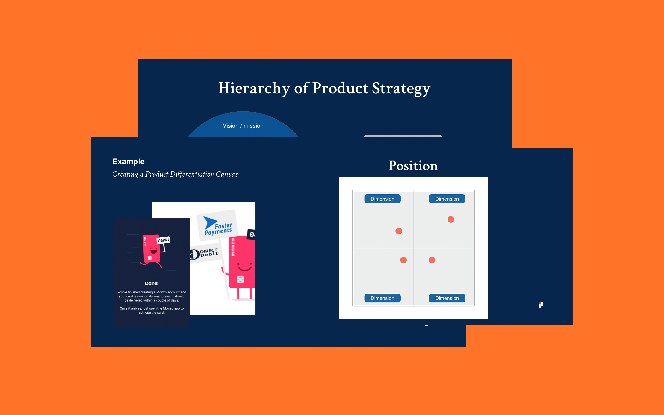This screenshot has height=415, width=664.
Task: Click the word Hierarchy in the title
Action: [x=254, y=88]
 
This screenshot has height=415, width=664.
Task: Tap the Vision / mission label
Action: [x=243, y=126]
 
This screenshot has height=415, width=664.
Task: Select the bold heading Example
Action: [x=128, y=161]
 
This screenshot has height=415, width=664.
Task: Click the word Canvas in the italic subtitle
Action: [x=227, y=174]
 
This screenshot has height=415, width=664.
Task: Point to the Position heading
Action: [x=413, y=166]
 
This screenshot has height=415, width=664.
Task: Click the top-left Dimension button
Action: [x=382, y=199]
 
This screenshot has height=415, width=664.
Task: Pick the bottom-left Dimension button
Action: [x=382, y=298]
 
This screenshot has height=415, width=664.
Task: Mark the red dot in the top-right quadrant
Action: [x=451, y=219]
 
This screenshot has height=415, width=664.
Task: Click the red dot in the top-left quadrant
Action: [x=399, y=231]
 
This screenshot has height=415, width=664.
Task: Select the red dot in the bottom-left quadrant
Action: [x=403, y=260]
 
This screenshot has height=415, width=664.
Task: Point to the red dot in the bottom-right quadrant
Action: [x=432, y=260]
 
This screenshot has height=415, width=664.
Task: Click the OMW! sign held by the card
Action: [x=163, y=240]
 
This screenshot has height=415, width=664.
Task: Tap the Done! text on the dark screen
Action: [x=152, y=283]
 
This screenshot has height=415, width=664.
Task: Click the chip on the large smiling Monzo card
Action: [x=240, y=279]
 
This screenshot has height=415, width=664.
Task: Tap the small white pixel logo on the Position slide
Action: [x=541, y=305]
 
